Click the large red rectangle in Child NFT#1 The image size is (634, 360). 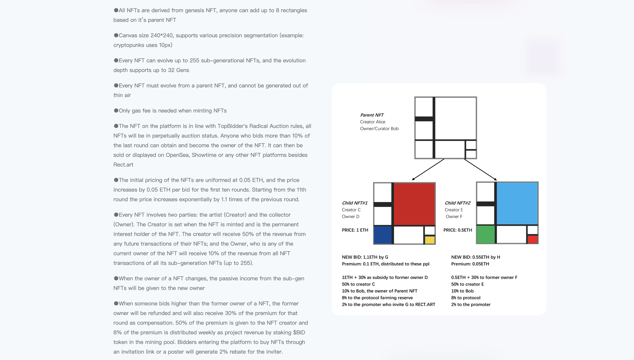414,204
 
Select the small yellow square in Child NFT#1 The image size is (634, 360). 430,240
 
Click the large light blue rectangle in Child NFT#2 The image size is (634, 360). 517,203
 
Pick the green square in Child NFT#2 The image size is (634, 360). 486,234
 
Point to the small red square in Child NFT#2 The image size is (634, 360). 533,239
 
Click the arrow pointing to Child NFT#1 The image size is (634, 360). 428,170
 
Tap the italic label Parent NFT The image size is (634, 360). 372,115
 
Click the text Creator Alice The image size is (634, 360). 372,122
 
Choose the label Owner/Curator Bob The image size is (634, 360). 379,129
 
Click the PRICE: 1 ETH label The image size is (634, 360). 355,230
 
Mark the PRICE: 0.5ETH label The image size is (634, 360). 458,230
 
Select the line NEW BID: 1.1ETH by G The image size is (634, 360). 365,257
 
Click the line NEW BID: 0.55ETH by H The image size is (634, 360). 475,257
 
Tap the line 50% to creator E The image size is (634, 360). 467,284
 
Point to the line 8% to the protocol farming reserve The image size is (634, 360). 377,298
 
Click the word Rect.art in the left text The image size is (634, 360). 123,165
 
